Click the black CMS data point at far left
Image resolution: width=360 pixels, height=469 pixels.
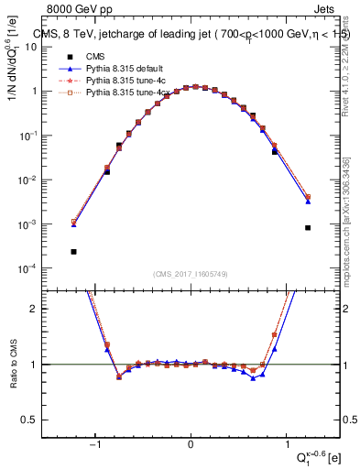click(x=73, y=251)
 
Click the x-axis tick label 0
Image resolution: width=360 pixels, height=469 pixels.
click(x=191, y=444)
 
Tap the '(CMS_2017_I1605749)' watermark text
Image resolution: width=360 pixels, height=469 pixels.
click(x=190, y=273)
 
